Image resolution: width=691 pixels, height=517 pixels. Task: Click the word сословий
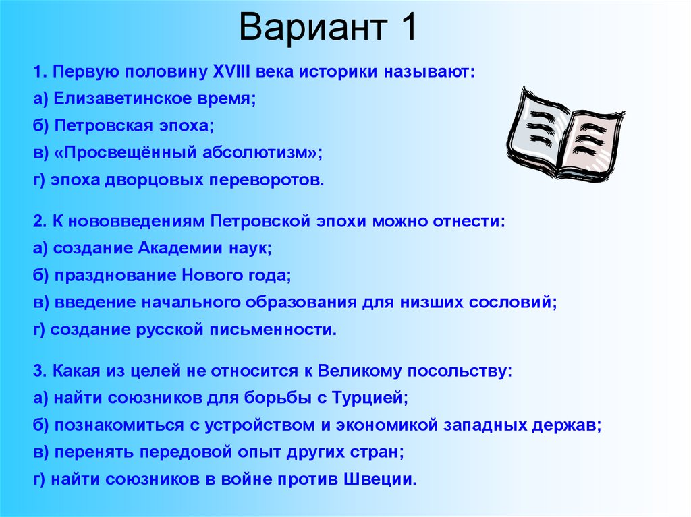click(517, 303)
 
